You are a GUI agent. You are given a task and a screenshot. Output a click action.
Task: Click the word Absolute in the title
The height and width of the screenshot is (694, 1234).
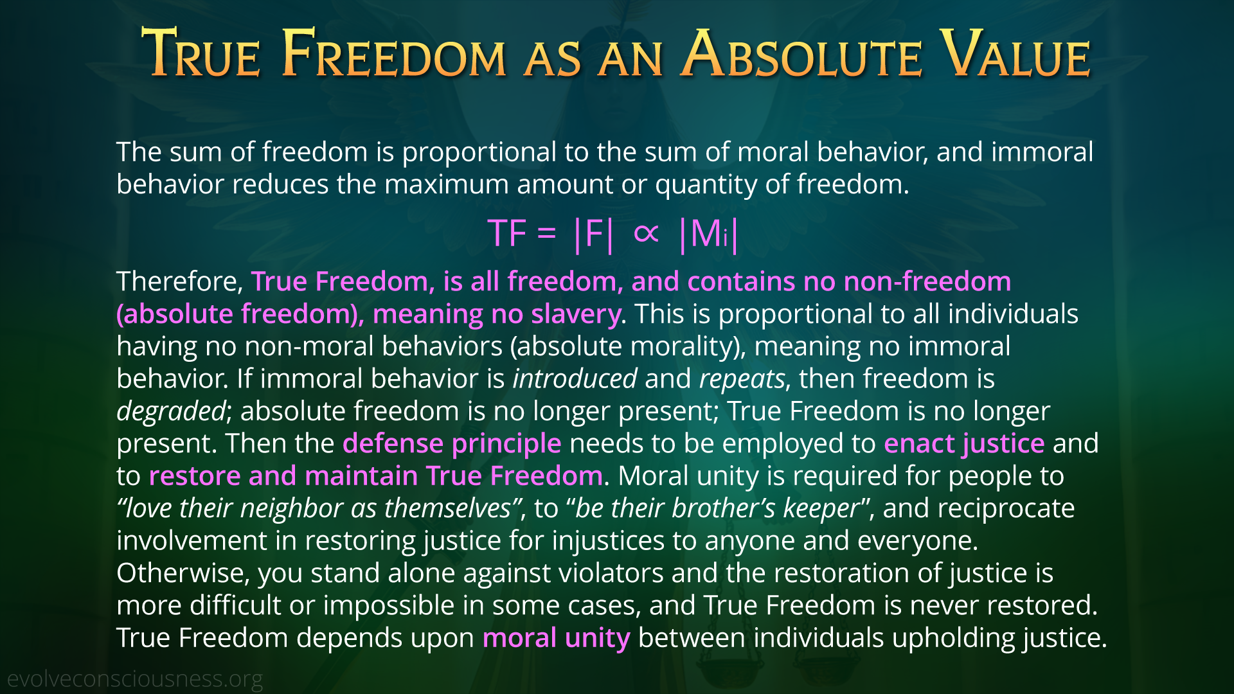801,54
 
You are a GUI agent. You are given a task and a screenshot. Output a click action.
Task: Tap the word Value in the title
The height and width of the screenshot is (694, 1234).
1015,54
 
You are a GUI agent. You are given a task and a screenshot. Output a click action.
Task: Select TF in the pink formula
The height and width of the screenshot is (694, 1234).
507,233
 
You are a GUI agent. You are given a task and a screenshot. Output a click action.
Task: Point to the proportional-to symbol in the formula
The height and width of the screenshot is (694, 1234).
646,233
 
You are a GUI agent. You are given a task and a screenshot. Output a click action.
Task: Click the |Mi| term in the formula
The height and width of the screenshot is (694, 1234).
709,234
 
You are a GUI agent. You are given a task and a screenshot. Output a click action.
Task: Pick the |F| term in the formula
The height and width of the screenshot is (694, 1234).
593,234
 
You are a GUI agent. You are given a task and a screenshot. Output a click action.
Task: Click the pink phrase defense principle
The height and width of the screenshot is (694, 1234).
452,443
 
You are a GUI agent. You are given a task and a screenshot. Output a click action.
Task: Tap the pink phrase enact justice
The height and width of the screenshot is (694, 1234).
964,443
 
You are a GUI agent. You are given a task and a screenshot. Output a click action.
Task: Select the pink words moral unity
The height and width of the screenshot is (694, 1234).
556,638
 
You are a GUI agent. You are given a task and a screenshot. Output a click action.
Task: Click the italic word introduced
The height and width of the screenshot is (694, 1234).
575,378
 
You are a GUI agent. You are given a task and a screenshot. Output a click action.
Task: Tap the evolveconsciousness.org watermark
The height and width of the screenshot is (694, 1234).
135,679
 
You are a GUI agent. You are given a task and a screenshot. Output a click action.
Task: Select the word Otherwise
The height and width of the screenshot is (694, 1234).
183,573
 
